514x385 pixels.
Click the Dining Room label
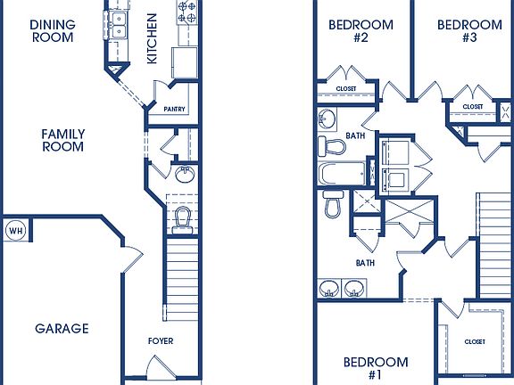pos(52,31)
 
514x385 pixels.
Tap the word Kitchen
pos(152,37)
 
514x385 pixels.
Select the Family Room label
pos(62,140)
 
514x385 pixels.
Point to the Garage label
pos(62,328)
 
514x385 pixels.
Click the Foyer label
pos(162,341)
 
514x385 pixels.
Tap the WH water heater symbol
pos(15,231)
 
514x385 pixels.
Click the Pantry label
pos(175,109)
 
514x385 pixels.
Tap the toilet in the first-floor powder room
pos(184,217)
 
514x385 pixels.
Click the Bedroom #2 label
pos(361,31)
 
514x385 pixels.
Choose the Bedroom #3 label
pos(469,31)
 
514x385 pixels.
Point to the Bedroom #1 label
pos(376,368)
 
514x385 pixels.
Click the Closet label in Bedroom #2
pos(347,89)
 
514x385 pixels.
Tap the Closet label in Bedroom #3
pos(473,107)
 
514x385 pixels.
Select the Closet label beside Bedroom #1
pos(475,341)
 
